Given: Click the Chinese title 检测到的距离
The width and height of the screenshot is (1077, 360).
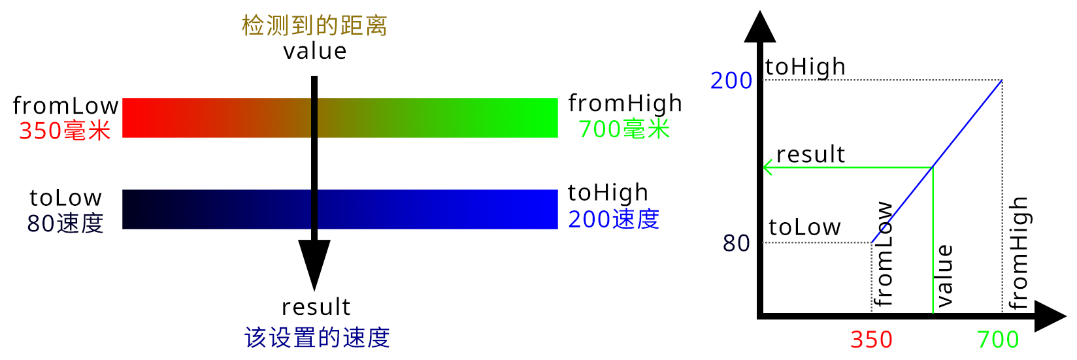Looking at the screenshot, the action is pos(314,25).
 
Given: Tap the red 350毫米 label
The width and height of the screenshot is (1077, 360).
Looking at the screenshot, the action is pos(65,131).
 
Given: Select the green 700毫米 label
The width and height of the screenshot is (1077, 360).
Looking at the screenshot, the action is pos(624,129).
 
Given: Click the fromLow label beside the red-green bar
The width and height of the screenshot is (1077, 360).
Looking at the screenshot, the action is pos(65,105).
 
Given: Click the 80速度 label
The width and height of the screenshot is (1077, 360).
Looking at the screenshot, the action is pos(65,223).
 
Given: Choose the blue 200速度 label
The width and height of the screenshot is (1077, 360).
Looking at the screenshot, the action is pos(614,219).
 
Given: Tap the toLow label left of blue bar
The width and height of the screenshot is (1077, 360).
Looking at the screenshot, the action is pos(65,197).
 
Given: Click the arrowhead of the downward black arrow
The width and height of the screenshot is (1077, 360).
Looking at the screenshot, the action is pos(314,263).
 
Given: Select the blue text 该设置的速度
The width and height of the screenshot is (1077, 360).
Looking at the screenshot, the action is pos(317,337).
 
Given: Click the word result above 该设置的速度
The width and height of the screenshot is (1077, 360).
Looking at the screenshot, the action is pos(316,307).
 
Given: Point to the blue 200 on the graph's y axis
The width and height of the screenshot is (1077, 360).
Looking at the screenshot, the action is pos(731,81).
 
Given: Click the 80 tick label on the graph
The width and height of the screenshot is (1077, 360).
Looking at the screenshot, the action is pos(736,243).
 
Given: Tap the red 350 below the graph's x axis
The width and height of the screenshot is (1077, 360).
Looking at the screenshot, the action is pos(871,340).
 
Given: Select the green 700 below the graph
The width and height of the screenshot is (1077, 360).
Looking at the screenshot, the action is pos(998,340).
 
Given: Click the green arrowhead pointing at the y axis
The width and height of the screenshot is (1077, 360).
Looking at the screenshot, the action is pos(767,168).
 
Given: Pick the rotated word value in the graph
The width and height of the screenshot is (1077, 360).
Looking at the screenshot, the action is pos(944,276).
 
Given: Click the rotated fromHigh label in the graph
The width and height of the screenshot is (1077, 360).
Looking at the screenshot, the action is pos(1018,253).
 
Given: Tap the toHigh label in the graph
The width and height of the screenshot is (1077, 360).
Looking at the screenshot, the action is pos(805,67).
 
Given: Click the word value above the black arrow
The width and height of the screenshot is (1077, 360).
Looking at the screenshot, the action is pos(314,51).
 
